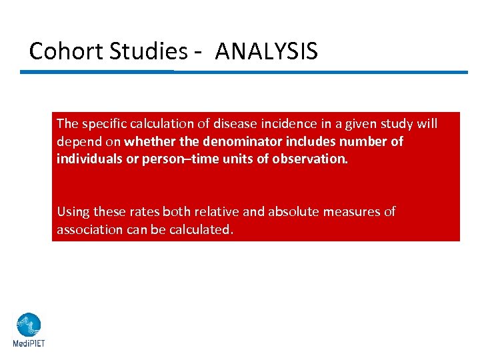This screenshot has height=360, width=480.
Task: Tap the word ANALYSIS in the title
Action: [x=267, y=51]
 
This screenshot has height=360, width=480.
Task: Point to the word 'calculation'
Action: [x=160, y=123]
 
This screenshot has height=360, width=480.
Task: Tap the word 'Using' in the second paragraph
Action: [x=73, y=212]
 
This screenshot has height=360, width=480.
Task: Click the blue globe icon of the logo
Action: [x=29, y=325]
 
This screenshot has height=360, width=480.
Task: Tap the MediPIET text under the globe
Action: [x=29, y=344]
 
